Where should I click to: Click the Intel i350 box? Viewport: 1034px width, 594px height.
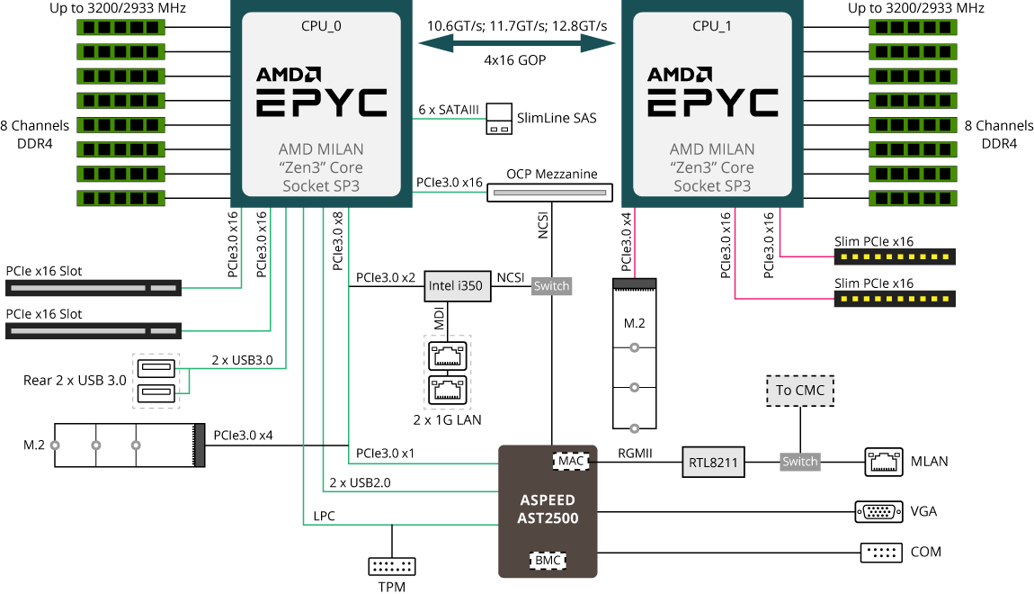pyautogui.click(x=455, y=286)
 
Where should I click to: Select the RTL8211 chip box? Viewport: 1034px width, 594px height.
pyautogui.click(x=713, y=462)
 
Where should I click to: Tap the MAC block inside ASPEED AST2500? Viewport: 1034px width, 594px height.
pyautogui.click(x=571, y=461)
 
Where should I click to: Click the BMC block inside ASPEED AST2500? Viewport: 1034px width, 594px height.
pyautogui.click(x=548, y=560)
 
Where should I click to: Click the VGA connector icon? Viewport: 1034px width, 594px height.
pyautogui.click(x=878, y=511)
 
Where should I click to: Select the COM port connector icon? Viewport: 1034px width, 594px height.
pyautogui.click(x=880, y=552)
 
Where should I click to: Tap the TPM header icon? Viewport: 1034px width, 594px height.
pyautogui.click(x=392, y=566)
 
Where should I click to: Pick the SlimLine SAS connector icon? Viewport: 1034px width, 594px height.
pyautogui.click(x=499, y=119)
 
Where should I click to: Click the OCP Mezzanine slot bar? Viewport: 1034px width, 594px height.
pyautogui.click(x=548, y=192)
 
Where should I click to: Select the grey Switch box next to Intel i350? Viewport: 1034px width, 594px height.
pyautogui.click(x=551, y=286)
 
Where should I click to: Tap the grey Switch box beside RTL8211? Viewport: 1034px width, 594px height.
pyautogui.click(x=799, y=462)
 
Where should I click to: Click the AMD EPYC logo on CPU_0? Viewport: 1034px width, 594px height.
pyautogui.click(x=321, y=92)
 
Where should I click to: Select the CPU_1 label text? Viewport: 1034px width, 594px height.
pyautogui.click(x=712, y=26)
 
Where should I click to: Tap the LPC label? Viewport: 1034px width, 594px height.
pyautogui.click(x=324, y=516)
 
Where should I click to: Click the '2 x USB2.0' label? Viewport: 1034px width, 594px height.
pyautogui.click(x=360, y=482)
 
